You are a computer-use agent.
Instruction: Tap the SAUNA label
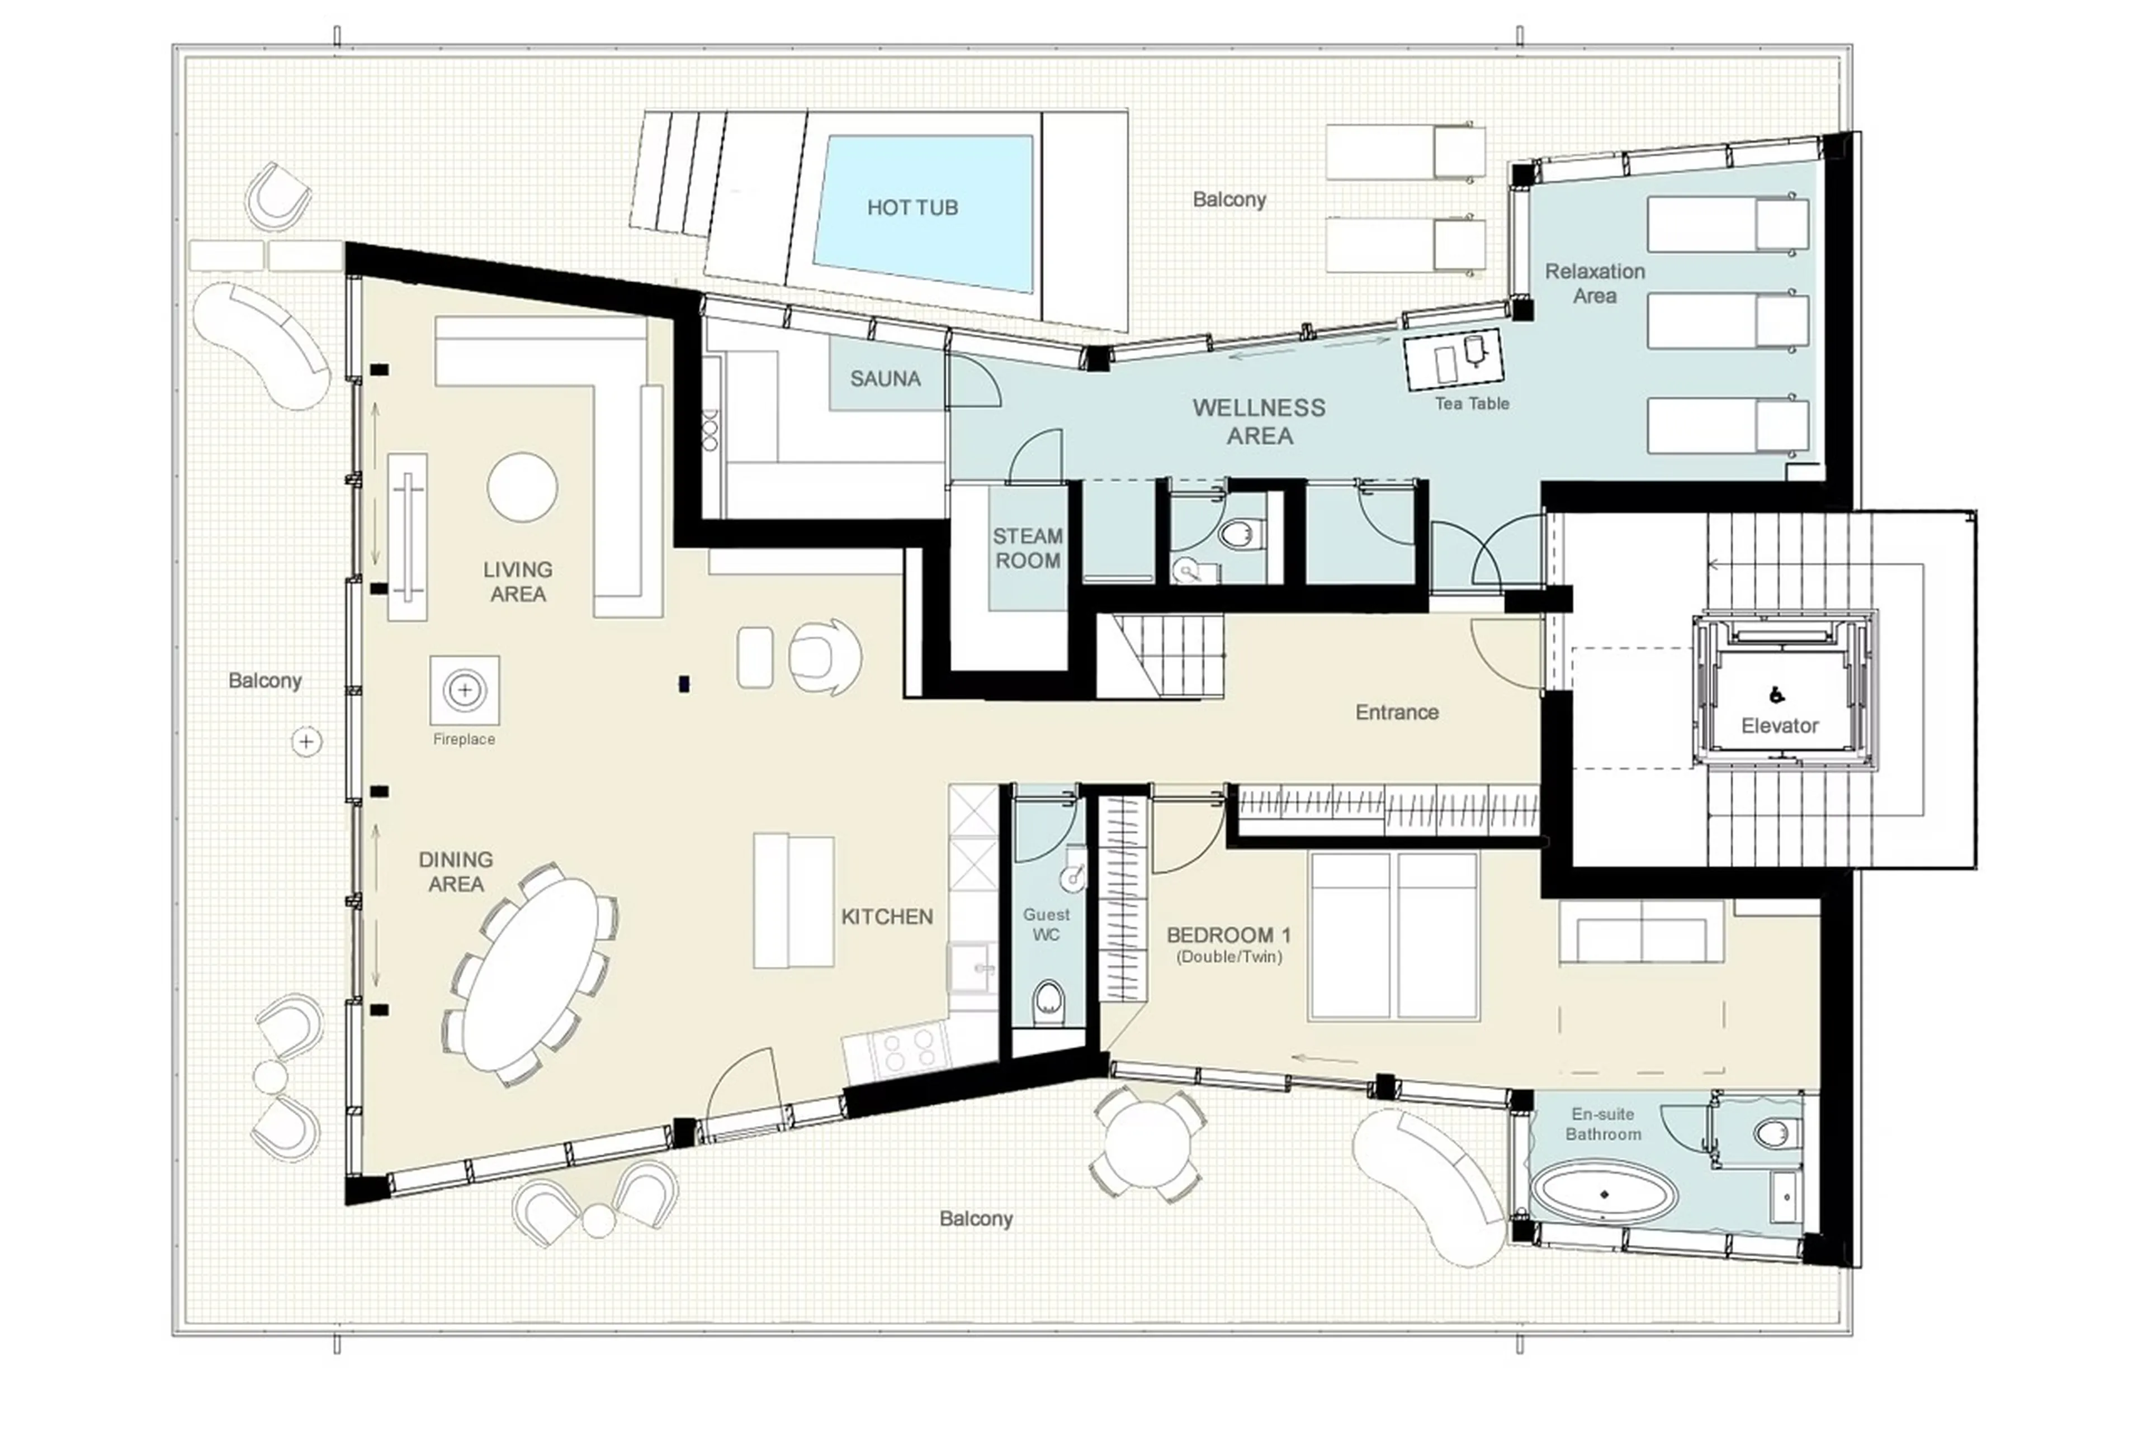click(884, 378)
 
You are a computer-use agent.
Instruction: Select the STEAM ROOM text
click(1028, 548)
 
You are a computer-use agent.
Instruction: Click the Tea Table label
click(1471, 403)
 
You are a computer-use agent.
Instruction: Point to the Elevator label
click(1779, 726)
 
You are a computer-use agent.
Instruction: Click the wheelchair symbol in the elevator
click(1776, 696)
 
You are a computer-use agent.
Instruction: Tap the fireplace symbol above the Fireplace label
click(465, 690)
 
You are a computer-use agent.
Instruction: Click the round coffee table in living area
click(522, 487)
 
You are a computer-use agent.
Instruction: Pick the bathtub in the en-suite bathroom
click(1603, 1194)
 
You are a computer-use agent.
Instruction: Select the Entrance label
click(1396, 712)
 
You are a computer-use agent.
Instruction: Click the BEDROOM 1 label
click(1228, 935)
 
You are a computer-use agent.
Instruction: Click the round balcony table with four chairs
click(1147, 1144)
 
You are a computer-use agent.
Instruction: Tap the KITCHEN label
click(886, 916)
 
